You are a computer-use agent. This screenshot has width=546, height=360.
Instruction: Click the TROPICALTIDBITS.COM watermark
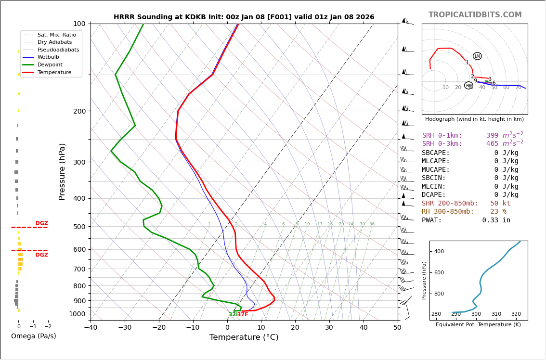(475, 15)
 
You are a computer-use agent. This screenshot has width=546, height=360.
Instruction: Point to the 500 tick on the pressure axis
(79, 227)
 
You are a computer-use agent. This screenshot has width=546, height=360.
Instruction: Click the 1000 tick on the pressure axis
(77, 314)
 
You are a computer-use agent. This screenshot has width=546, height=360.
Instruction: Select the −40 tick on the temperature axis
(91, 328)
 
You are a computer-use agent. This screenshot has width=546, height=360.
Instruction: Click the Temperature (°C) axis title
(244, 337)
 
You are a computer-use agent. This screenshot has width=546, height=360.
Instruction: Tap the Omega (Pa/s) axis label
(34, 336)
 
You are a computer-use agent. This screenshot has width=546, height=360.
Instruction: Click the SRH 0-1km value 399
(492, 136)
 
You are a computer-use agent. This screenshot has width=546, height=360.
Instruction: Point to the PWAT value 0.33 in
(496, 220)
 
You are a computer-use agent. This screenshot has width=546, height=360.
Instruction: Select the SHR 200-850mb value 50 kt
(500, 203)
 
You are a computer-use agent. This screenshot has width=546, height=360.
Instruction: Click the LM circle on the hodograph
(477, 56)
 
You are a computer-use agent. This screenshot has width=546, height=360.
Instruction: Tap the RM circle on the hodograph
(468, 86)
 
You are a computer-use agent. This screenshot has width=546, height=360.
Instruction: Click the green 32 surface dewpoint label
(232, 315)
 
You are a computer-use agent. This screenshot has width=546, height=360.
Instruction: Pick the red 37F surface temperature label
(243, 315)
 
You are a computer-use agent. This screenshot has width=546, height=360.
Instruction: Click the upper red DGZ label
(41, 223)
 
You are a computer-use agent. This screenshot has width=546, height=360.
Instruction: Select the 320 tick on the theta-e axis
(516, 314)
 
